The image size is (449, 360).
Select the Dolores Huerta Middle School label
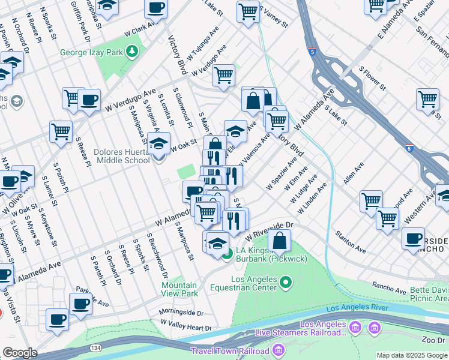click(x=122, y=156)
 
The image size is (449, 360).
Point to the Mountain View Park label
click(x=179, y=289)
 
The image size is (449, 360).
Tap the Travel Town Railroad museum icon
click(x=279, y=350)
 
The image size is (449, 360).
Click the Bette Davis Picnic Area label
click(x=429, y=293)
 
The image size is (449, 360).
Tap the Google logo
click(x=20, y=353)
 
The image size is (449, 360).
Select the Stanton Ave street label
click(x=351, y=241)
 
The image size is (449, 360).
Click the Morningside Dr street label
click(x=181, y=313)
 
